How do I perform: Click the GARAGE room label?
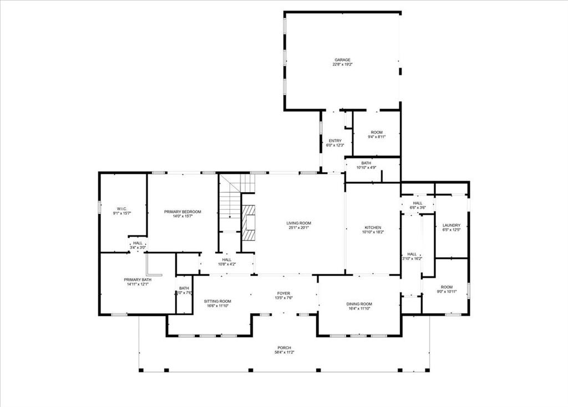(x=342, y=60)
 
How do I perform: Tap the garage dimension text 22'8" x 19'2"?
(x=342, y=64)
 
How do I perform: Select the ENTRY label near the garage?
(x=335, y=140)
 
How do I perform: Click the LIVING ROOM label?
(x=298, y=223)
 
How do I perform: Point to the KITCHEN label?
(x=373, y=228)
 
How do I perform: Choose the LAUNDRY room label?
(x=452, y=225)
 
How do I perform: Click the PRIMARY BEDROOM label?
(x=182, y=212)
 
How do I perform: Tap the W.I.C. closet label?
(x=122, y=208)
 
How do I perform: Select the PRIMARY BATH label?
(x=138, y=280)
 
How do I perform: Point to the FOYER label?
(x=284, y=293)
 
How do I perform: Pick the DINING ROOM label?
(x=359, y=304)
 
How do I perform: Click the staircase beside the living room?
(x=229, y=203)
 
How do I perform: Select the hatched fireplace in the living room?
(x=249, y=222)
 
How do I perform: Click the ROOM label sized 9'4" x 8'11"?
(x=377, y=132)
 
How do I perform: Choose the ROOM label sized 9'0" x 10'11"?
(x=447, y=287)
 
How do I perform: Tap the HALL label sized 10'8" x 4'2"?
(x=227, y=259)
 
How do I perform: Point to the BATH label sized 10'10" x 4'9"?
(x=366, y=163)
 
